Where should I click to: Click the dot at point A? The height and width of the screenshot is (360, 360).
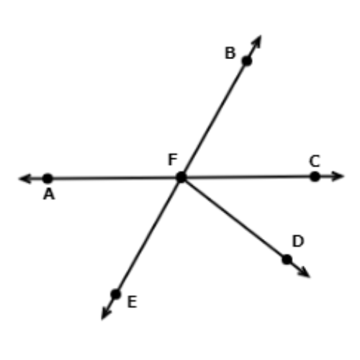[48, 179]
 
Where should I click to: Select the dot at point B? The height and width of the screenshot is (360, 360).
[247, 61]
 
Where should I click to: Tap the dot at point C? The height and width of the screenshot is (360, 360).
[315, 176]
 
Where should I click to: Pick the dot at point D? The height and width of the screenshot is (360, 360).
[287, 259]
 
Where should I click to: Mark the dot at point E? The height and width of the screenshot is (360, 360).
[116, 294]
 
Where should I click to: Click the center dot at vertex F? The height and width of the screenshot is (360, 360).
[181, 177]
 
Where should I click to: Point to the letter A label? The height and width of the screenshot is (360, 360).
[49, 194]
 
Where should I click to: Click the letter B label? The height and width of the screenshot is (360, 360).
[230, 53]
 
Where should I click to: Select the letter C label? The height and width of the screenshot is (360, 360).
[315, 161]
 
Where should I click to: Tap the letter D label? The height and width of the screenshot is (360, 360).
[298, 241]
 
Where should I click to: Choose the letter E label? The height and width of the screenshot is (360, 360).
[132, 302]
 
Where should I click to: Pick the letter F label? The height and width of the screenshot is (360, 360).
[173, 159]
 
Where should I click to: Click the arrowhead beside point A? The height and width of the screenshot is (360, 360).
[25, 179]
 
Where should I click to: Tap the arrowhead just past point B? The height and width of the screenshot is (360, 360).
[256, 42]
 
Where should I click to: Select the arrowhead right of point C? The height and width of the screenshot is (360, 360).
[337, 176]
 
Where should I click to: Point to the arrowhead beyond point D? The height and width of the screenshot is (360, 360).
[302, 271]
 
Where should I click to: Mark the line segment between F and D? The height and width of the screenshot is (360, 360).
[234, 218]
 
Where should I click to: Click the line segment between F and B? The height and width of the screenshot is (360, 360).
[214, 119]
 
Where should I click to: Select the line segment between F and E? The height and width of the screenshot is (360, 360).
[148, 235]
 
